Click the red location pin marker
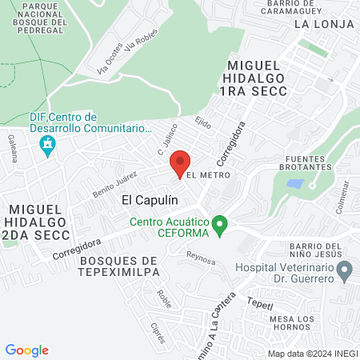[180, 163]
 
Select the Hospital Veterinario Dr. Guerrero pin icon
[345, 274]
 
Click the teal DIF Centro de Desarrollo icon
[48, 146]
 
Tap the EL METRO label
[208, 174]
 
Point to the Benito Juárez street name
[109, 179]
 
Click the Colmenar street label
[344, 194]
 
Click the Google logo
[27, 350]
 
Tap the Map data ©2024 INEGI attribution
[312, 354]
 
